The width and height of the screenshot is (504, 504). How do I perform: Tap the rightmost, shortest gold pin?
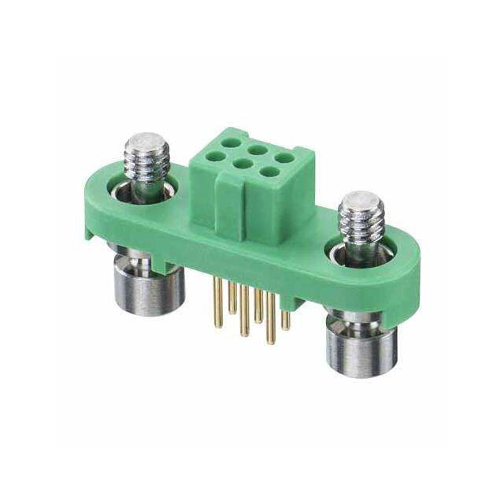click(x=286, y=320)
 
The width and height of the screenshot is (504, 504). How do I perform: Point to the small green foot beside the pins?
click(x=297, y=302)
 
